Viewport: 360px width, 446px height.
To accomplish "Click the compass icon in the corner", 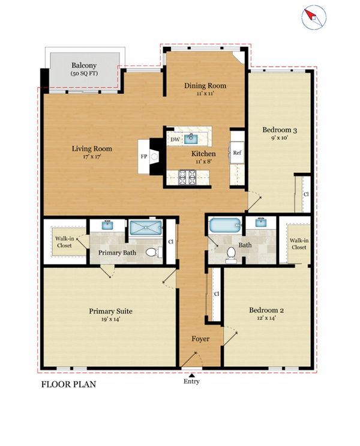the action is pos(314,17).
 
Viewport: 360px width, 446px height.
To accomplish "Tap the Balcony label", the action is pos(84,65).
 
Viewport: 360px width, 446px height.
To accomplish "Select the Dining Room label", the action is pos(205,85).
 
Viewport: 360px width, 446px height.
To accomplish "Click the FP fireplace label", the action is pos(144,157).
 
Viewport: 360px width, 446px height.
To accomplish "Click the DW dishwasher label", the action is pos(175,139).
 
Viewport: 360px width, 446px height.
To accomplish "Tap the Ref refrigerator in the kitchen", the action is pos(237,152).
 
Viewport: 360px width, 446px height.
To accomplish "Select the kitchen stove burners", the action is pos(187,177).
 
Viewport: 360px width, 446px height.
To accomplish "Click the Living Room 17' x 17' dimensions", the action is pos(92,157).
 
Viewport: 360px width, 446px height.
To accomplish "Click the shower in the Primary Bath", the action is pos(146,228).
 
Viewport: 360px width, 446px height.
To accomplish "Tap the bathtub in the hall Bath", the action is pos(225,225).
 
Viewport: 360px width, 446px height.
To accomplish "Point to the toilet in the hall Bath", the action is pos(230,255).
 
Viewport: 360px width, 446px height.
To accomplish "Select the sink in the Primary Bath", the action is pos(107,225).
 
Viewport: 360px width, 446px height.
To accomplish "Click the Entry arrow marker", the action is pos(192,375).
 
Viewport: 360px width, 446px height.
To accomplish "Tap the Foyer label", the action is pos(200,339).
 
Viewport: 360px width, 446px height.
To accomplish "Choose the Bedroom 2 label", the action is pos(266,310).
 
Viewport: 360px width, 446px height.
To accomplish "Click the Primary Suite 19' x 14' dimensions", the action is pos(110,319).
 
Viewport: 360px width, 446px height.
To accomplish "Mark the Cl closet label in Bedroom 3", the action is pos(306,194).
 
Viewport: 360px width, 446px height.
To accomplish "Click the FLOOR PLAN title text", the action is pos(68,384).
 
